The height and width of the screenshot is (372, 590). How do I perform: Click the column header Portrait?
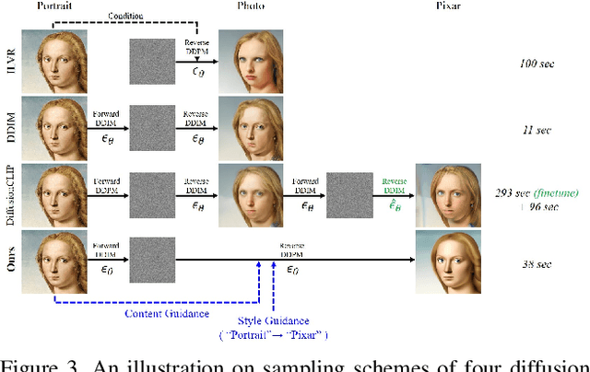click(x=54, y=6)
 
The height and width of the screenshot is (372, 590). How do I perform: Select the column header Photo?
click(x=251, y=6)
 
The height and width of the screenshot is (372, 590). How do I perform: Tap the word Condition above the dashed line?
click(x=125, y=17)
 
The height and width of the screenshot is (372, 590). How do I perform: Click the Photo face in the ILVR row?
click(x=251, y=63)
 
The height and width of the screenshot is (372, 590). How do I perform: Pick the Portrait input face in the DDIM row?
click(x=54, y=129)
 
